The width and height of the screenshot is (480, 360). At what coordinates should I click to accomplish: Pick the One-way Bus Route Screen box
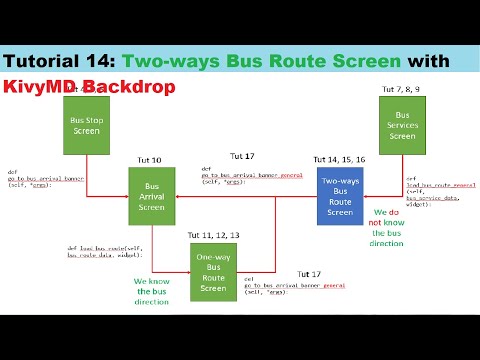(214, 271)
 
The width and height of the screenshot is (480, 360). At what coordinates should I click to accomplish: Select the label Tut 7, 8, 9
(402, 91)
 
